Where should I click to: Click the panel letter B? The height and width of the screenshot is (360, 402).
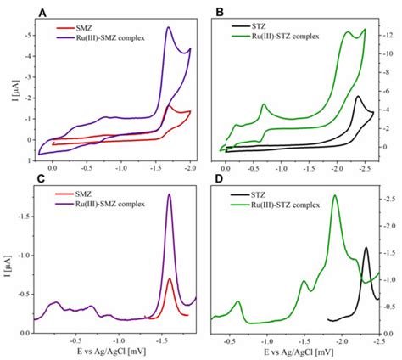click(x=220, y=11)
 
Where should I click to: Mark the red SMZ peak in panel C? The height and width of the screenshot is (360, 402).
click(x=170, y=279)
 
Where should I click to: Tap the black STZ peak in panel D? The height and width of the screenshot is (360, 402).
click(x=366, y=248)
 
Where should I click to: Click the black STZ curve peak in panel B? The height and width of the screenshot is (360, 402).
click(x=358, y=97)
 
